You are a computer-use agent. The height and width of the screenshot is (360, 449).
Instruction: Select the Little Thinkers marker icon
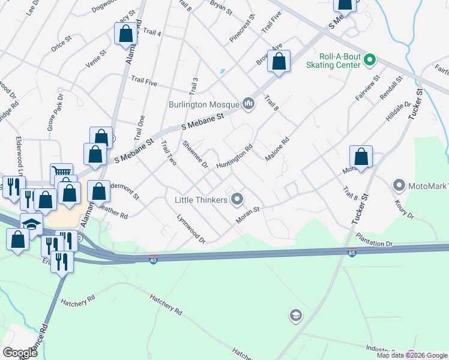237,199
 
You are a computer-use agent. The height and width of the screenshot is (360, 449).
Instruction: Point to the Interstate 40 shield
154,260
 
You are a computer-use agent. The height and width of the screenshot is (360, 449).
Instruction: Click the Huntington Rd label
234,155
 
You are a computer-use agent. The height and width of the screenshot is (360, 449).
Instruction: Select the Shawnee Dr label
195,154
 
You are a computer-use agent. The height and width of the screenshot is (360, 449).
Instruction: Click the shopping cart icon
61,172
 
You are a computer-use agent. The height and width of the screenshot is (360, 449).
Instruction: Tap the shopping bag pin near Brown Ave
279,61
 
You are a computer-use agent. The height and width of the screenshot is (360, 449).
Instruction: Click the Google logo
20,353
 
